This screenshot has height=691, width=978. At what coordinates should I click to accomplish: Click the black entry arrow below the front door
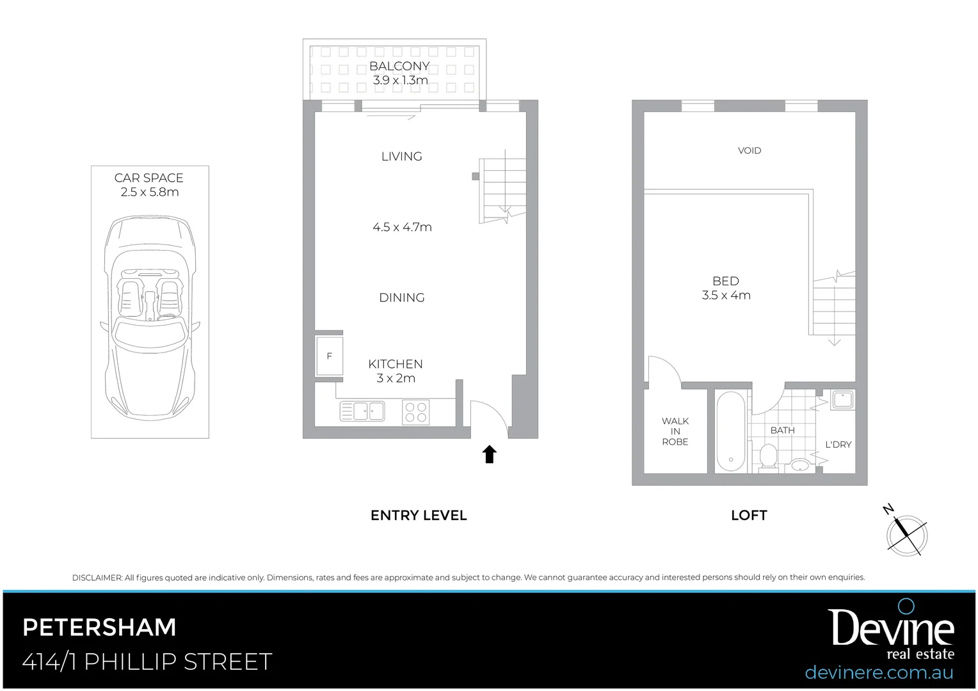click(x=489, y=454)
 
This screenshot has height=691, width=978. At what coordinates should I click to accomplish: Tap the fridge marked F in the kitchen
click(x=329, y=356)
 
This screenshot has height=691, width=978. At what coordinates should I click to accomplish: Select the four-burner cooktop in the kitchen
click(x=415, y=411)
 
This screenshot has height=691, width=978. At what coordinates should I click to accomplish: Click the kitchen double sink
click(x=362, y=411)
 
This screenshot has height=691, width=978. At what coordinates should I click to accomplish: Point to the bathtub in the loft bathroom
click(x=730, y=432)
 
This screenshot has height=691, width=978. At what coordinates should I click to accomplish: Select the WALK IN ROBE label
click(x=675, y=431)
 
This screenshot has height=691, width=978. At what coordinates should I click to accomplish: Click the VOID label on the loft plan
click(x=750, y=150)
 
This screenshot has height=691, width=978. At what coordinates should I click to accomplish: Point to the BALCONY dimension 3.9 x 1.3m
click(x=400, y=81)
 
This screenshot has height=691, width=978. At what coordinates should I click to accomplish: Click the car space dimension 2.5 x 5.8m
click(x=150, y=192)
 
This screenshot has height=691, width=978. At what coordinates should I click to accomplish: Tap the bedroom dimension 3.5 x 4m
click(x=726, y=295)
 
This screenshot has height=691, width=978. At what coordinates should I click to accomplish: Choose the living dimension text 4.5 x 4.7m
click(x=402, y=227)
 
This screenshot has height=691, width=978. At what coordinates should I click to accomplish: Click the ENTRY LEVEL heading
click(x=419, y=515)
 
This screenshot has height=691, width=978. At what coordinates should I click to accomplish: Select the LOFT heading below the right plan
click(x=749, y=515)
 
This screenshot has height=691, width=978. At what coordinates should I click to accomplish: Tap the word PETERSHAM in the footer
click(x=99, y=628)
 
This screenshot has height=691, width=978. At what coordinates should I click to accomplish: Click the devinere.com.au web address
click(x=879, y=672)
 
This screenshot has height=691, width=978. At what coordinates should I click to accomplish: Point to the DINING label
click(x=402, y=298)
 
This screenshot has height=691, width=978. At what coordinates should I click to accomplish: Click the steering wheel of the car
click(x=167, y=317)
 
